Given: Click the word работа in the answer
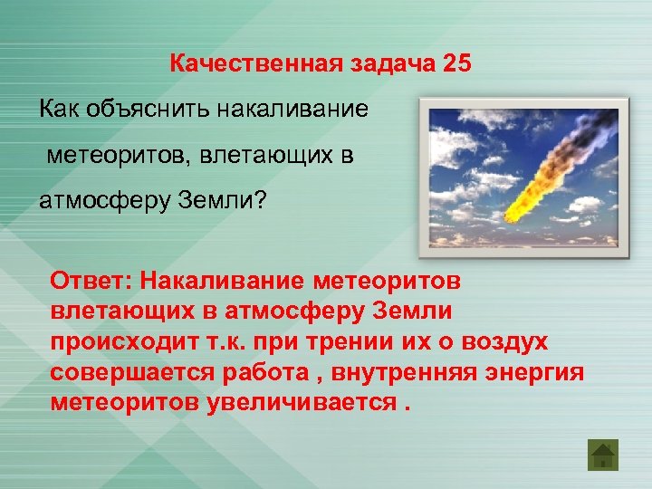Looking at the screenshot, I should pyautogui.click(x=258, y=372).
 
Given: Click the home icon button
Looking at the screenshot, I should pyautogui.click(x=602, y=454).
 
